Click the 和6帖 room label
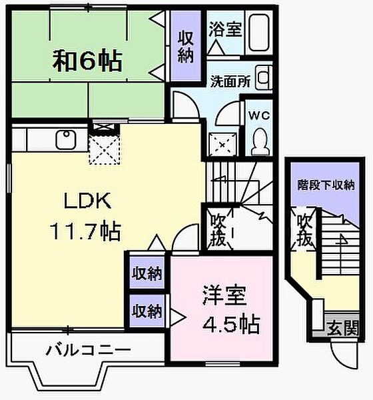tap(87, 61)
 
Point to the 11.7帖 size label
tap(84, 231)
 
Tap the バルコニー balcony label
tap(88, 349)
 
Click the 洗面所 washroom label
tap(230, 83)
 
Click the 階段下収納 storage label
tap(326, 185)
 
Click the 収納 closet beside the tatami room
tap(186, 47)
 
